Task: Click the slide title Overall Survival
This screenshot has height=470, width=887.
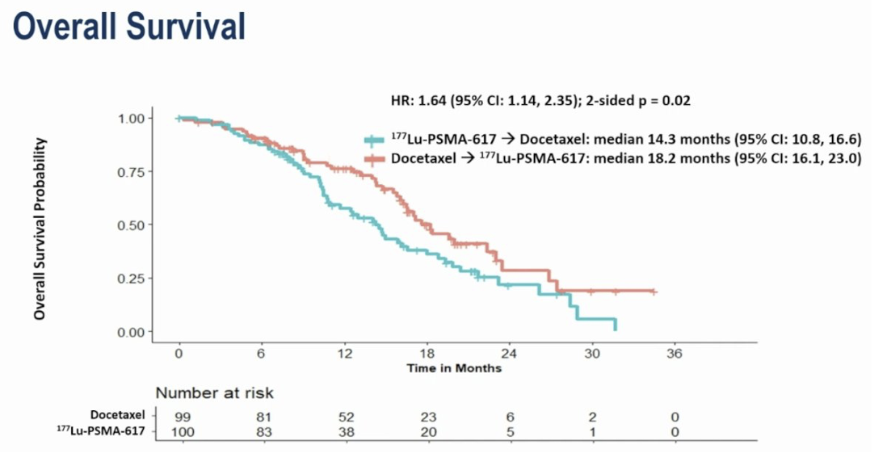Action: tap(129, 27)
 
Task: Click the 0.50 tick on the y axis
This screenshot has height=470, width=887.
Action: tap(131, 225)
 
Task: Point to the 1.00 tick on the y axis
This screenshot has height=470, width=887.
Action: tap(131, 118)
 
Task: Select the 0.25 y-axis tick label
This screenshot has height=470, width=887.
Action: tap(131, 279)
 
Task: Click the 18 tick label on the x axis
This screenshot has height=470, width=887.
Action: tap(427, 354)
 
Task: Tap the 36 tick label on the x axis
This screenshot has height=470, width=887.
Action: tap(675, 354)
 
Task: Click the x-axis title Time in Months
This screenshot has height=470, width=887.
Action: tap(454, 368)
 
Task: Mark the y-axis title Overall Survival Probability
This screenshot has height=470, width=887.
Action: tap(40, 229)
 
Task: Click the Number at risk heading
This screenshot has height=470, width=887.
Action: tap(214, 393)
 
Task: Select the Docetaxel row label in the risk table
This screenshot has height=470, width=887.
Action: tap(118, 414)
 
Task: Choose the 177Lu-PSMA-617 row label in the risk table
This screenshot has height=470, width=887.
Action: tap(101, 431)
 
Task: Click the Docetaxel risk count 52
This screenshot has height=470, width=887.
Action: tap(347, 417)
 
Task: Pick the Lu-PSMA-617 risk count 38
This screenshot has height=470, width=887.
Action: tap(347, 432)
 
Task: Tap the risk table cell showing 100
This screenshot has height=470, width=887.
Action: tap(182, 432)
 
